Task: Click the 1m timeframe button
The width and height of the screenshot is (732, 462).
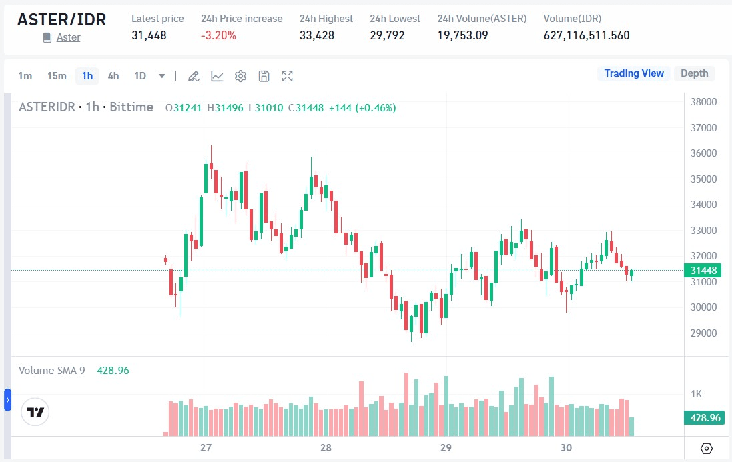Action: [x=25, y=76]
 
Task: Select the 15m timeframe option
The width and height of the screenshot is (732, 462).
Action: [x=57, y=76]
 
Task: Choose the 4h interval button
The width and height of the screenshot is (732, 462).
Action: [x=113, y=76]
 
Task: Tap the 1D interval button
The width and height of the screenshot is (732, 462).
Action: [x=140, y=76]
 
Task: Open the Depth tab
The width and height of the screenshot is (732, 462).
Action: [x=694, y=73]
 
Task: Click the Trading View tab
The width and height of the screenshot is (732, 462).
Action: [x=634, y=73]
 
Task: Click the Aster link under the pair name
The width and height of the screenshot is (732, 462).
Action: [x=68, y=37]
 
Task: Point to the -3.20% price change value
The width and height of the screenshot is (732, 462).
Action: [x=218, y=35]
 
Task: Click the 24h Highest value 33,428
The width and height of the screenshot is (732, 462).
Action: [x=317, y=35]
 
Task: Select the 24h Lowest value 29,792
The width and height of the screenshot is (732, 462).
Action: [x=387, y=35]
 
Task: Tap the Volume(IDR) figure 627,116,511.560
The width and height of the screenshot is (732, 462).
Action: [x=587, y=35]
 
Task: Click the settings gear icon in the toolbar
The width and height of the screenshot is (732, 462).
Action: [x=241, y=76]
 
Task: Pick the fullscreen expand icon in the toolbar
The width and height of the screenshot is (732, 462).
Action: [x=288, y=76]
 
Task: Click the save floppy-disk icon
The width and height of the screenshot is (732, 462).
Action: [x=264, y=76]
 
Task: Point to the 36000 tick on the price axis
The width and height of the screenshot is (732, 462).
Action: [x=703, y=153]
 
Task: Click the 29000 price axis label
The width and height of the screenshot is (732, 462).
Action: [x=703, y=333]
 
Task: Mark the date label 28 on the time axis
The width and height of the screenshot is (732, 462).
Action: [x=326, y=447]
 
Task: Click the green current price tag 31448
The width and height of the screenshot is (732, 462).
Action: [x=703, y=271]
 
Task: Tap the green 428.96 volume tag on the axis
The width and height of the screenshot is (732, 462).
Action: [x=705, y=418]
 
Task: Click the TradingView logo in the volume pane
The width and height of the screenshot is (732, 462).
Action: [x=35, y=412]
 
